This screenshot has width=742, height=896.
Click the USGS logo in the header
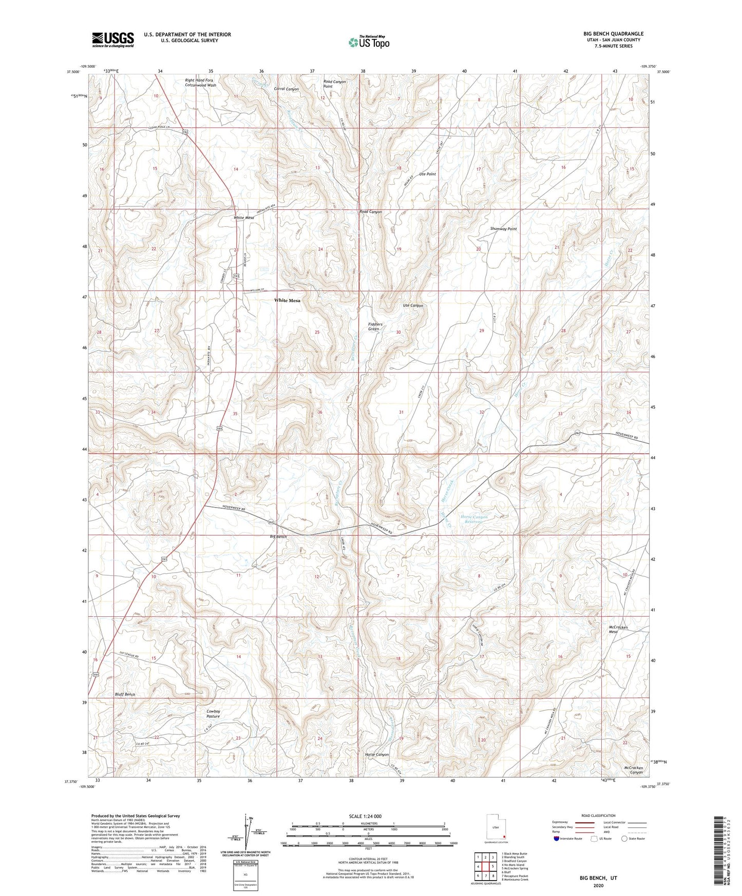pyautogui.click(x=113, y=39)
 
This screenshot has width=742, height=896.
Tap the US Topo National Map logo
pyautogui.click(x=368, y=42)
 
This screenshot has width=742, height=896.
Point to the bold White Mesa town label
pyautogui.click(x=287, y=300)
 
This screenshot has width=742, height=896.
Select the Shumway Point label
pyautogui.click(x=503, y=229)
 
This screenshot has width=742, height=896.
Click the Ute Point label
pyautogui.click(x=427, y=174)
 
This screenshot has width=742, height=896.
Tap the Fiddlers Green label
pyautogui.click(x=375, y=326)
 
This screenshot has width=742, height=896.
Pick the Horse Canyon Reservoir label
pyautogui.click(x=473, y=519)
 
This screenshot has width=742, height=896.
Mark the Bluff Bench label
pyautogui.click(x=125, y=694)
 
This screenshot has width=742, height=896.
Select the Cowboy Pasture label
pyautogui.click(x=213, y=714)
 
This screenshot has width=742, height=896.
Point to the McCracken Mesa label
pyautogui.click(x=618, y=629)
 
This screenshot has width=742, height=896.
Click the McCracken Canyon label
pyautogui.click(x=633, y=770)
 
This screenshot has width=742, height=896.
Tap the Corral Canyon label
pyautogui.click(x=286, y=89)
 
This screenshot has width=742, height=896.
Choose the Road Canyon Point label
pyautogui.click(x=334, y=84)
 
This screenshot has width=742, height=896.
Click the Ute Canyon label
pyautogui.click(x=413, y=305)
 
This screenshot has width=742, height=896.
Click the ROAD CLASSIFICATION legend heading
pyautogui.click(x=598, y=815)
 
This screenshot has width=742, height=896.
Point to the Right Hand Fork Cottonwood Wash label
pyautogui.click(x=200, y=83)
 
